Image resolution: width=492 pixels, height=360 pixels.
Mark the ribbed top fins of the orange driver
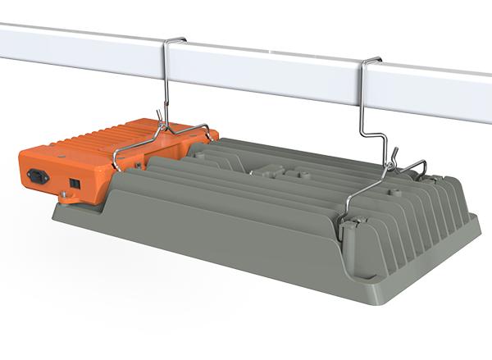(x=123, y=132)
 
